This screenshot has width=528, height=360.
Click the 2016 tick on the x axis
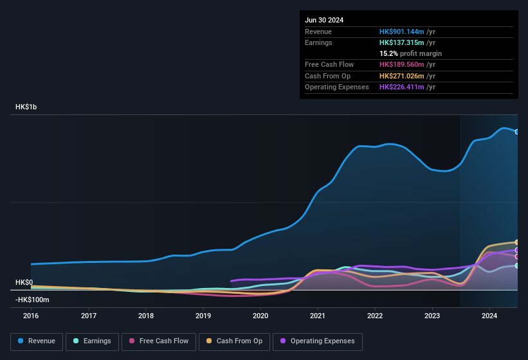point(31,316)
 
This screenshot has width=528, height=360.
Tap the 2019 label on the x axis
point(203,316)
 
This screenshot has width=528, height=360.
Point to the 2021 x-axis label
point(318,316)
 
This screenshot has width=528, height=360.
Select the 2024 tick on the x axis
point(489,316)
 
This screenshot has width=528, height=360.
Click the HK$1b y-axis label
point(26,107)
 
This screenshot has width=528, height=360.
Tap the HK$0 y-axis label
point(24,283)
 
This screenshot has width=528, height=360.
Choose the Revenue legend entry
point(37,341)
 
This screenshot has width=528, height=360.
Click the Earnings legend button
point(92,341)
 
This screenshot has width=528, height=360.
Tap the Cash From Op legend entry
point(234,341)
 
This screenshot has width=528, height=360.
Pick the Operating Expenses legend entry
point(318,341)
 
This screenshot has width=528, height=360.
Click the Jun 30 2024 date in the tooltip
point(324,20)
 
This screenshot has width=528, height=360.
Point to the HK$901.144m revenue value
point(402,32)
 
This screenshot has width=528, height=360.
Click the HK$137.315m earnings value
point(402,42)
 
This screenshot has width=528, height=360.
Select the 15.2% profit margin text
point(410,53)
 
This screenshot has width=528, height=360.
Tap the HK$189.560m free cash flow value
point(402,64)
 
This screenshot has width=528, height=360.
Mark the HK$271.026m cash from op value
point(402,76)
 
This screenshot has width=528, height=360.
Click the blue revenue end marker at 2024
point(517,132)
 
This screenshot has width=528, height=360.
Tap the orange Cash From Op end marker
point(517,242)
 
